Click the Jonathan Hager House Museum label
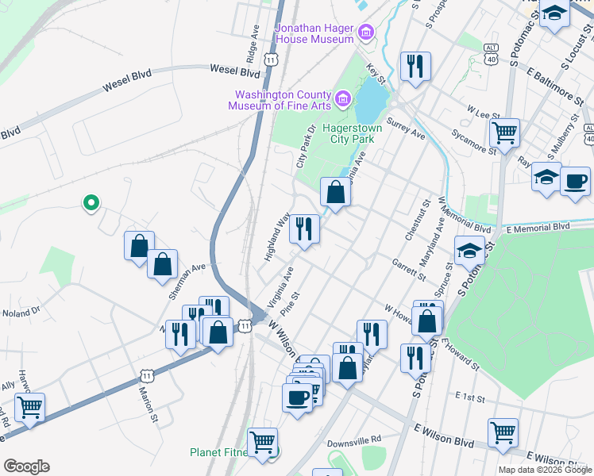314,33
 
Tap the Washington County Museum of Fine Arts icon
343,99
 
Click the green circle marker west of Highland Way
91,203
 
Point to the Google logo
26,466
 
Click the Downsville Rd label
354,438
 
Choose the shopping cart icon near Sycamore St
503,132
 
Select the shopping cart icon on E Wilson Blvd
503,433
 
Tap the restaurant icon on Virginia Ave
304,229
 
